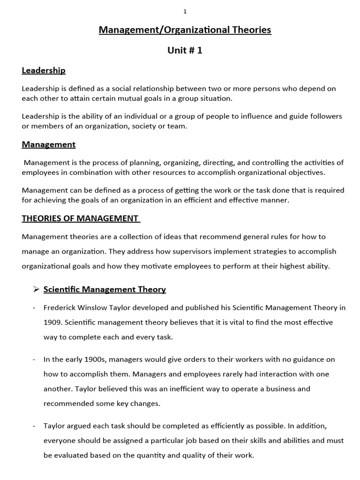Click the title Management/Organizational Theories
185,30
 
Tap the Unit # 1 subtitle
185,51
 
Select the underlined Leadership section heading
44,70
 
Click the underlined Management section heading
48,144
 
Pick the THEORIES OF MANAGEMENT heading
80,218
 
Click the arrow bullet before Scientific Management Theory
36,289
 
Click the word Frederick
60,307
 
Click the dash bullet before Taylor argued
35,426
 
